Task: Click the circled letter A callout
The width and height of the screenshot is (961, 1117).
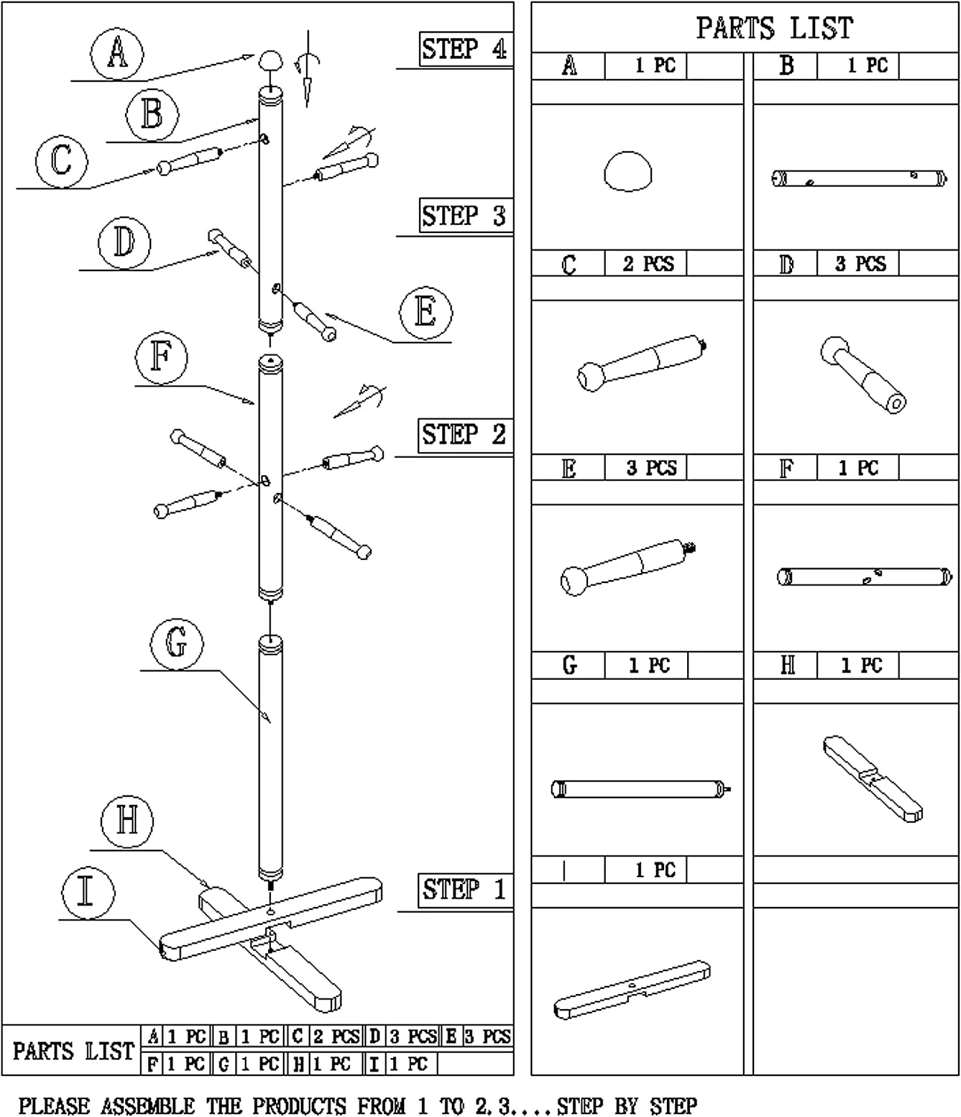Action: point(117,53)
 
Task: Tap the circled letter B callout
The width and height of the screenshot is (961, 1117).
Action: point(152,115)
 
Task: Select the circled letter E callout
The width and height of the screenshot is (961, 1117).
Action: point(425,311)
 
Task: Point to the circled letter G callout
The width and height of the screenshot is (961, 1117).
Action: point(176,643)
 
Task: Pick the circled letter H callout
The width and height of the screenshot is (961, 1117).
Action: point(127,821)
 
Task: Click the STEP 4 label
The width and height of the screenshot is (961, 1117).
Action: point(464,50)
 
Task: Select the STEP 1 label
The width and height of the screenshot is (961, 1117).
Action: point(464,889)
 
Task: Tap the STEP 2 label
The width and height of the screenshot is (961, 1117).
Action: point(464,434)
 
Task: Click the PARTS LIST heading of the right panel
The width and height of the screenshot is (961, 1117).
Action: point(774,28)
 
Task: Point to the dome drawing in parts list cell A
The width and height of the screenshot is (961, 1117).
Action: point(628,171)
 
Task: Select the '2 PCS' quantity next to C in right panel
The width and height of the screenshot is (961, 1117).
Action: point(648,264)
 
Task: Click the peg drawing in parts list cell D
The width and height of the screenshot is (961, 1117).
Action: point(863,375)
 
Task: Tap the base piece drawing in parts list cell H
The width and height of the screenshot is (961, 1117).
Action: point(873,778)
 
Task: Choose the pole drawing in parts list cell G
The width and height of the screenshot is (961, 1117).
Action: point(640,789)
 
